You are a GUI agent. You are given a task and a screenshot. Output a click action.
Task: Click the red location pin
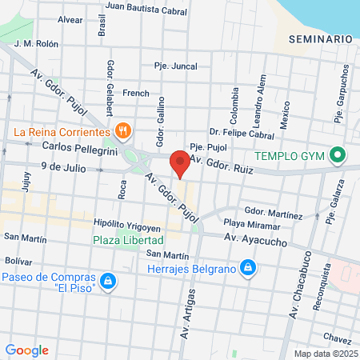(181, 164)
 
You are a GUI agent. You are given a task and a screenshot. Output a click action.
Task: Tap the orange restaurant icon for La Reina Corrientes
(122, 130)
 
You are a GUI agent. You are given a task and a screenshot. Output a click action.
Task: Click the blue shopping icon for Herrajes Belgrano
(249, 267)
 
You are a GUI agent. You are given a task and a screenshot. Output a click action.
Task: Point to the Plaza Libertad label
(128, 239)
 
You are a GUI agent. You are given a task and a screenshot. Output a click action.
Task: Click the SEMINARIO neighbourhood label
(321, 39)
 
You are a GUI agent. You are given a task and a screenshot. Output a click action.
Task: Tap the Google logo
(26, 350)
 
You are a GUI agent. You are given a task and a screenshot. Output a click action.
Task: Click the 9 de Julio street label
(62, 169)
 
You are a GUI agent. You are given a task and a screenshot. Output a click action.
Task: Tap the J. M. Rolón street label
(36, 44)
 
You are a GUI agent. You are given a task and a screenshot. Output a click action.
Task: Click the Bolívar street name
(18, 261)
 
